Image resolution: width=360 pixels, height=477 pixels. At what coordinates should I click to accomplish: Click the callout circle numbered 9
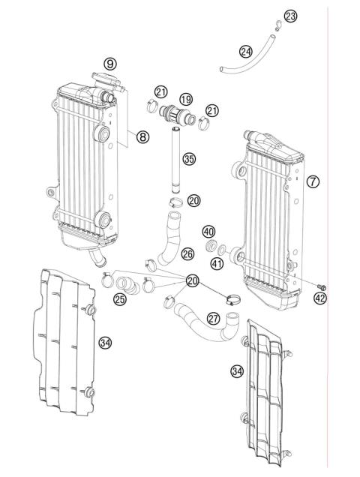click(110, 64)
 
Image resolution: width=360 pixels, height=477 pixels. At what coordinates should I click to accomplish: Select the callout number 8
click(142, 136)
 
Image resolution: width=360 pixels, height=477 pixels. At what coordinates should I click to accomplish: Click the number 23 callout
click(290, 16)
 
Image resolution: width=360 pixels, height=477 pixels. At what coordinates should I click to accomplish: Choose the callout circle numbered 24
click(246, 52)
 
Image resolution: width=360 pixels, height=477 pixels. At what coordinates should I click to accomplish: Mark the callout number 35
click(189, 158)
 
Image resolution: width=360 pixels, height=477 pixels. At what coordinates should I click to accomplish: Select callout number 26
click(187, 253)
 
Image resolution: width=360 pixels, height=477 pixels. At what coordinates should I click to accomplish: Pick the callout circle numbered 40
click(208, 231)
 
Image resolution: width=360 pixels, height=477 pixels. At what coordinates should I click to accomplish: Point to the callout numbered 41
click(217, 262)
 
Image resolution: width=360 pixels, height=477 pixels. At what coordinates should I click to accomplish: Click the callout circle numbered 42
click(320, 298)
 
